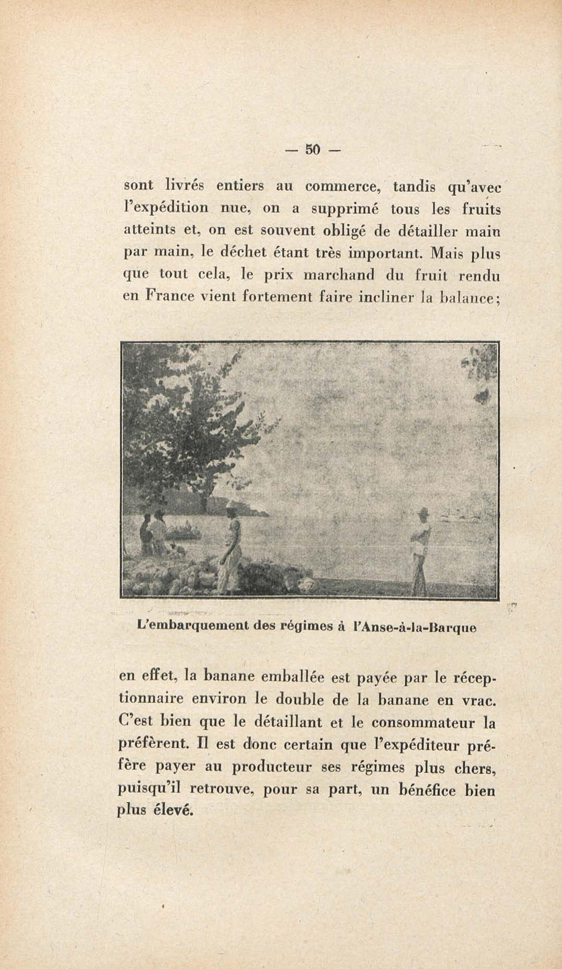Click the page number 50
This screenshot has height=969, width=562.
313,149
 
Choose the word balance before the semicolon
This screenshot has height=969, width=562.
467,298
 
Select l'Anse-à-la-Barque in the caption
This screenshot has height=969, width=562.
414,628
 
